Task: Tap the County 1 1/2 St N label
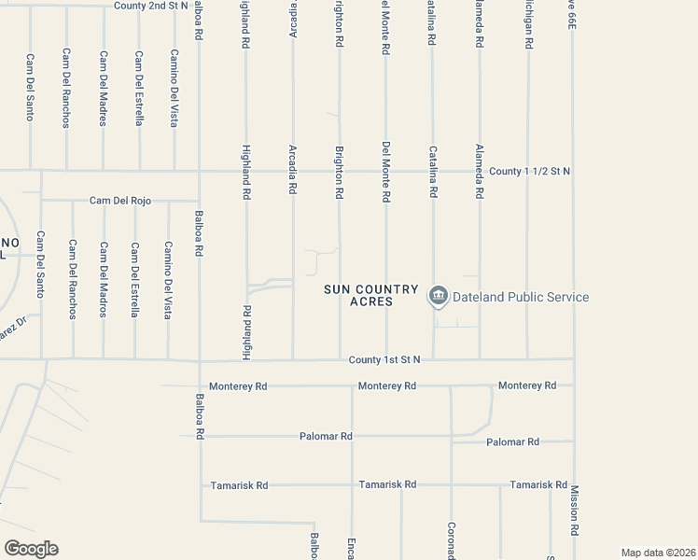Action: pos(529,171)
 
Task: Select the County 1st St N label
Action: pos(385,359)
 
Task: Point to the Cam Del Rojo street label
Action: pos(120,201)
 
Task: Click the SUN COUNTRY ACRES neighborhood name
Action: pos(370,295)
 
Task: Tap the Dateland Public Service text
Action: pos(521,297)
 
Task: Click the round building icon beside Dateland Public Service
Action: pos(438,297)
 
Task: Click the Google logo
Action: pos(31,549)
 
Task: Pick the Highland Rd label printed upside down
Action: pos(247,332)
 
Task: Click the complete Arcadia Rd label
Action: pos(293,168)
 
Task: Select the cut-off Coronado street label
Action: pos(451,540)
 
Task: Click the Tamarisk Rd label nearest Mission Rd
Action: pos(538,485)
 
